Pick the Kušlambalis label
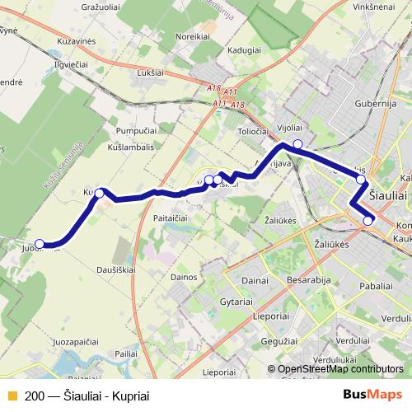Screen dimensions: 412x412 133,146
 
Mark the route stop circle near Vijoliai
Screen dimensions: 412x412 297,144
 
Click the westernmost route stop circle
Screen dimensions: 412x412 40,243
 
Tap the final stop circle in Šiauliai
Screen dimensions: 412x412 368,220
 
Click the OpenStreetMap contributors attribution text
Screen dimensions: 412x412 340,370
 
